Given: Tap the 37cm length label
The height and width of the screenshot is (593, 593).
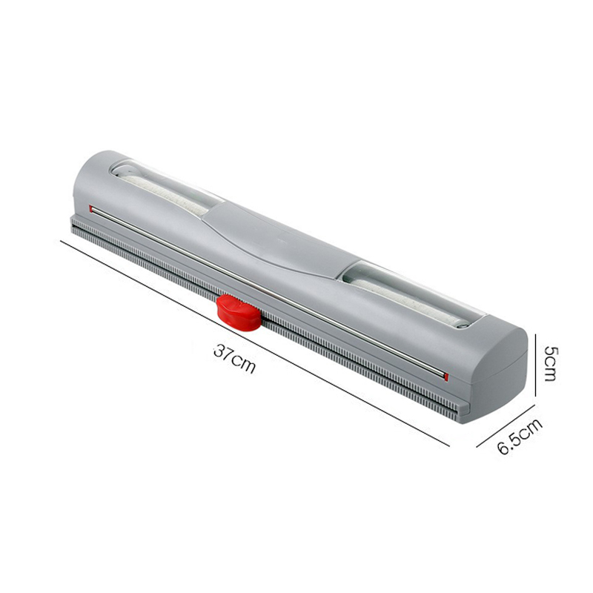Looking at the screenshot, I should click(234, 358).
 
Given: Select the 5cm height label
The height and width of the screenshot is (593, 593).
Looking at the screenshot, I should click(549, 362).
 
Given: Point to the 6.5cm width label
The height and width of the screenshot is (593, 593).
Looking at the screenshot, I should click(520, 437).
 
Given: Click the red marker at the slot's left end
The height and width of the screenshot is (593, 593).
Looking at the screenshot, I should click(90, 208).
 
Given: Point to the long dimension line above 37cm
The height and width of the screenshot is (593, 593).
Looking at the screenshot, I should click(252, 341).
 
